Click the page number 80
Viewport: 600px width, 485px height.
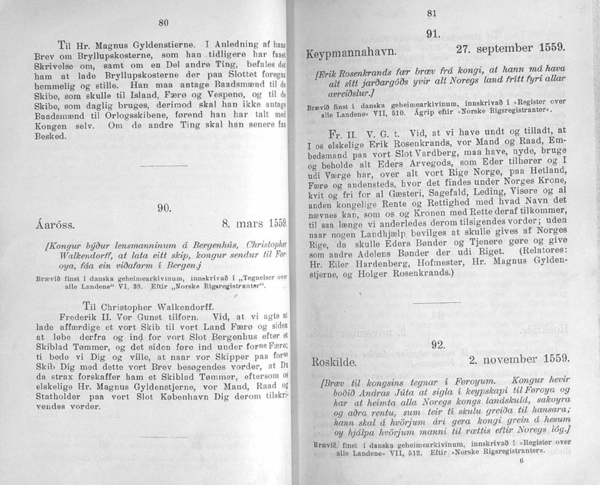pos(164,22)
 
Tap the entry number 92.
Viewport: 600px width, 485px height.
pos(437,345)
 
